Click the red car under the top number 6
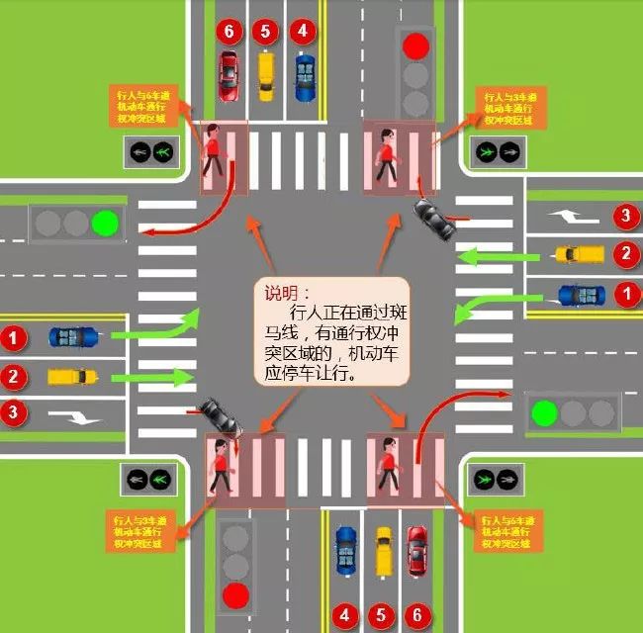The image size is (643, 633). [229, 74]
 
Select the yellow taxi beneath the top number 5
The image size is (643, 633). [265, 74]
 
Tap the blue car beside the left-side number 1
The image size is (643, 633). [73, 337]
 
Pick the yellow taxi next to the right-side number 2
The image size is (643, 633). [579, 254]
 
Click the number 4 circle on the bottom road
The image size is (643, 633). [343, 615]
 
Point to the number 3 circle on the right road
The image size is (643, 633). [624, 215]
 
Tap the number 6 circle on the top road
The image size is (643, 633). [229, 31]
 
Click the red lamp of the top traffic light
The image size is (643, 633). [415, 45]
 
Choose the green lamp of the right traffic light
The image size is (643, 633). [541, 411]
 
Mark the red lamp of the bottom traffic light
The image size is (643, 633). [234, 594]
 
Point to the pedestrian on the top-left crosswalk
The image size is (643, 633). [214, 152]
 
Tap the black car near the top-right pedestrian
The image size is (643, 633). [434, 220]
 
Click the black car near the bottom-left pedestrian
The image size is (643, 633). [220, 417]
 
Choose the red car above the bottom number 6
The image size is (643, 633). [416, 549]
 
